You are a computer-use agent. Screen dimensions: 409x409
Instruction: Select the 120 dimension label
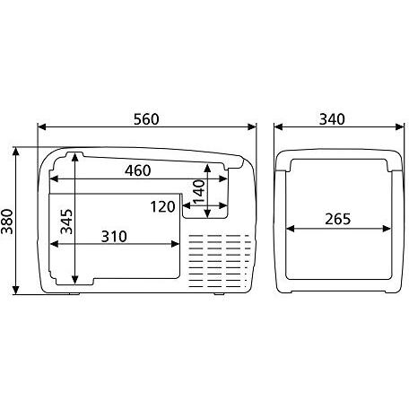click(162, 207)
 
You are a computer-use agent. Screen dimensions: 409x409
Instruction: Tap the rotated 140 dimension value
click(198, 189)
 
